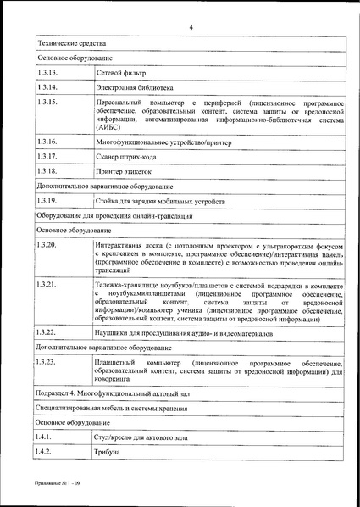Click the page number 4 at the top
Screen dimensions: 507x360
point(191,26)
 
